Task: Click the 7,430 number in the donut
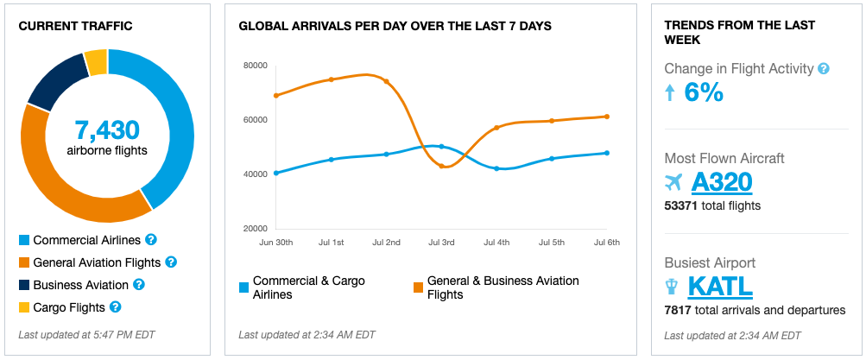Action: tap(107, 130)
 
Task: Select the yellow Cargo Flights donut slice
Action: tap(96, 62)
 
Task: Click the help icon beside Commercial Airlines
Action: tap(151, 239)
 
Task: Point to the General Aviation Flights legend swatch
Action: tap(24, 262)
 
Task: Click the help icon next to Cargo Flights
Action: tap(116, 306)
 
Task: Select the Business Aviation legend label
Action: tap(80, 285)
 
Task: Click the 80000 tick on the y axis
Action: tap(256, 65)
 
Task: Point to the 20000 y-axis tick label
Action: tap(256, 229)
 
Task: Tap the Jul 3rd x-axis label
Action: tap(441, 243)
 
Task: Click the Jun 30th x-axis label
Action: tap(275, 243)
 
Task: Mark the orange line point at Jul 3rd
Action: tap(441, 166)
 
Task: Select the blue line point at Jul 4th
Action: tap(496, 168)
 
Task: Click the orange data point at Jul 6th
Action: tap(607, 117)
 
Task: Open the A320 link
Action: tap(722, 181)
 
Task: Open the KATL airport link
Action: tap(720, 286)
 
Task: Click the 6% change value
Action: tap(704, 92)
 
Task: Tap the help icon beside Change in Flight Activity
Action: tap(824, 68)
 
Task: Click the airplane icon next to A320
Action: tap(674, 182)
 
